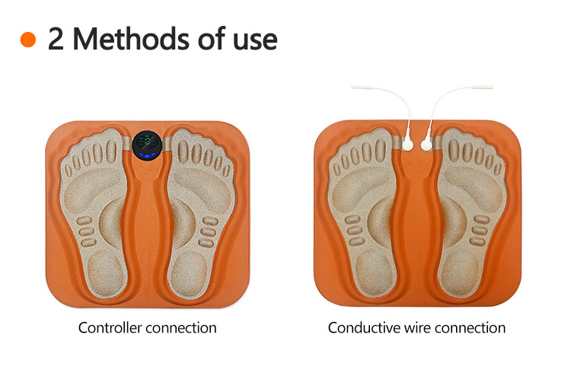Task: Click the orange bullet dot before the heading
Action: point(28,40)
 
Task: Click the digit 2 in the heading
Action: point(56,39)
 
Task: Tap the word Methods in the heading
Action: point(131,38)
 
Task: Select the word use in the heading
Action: point(255,41)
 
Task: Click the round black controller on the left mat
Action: point(147,145)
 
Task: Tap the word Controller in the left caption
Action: point(110,327)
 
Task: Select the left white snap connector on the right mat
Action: point(407,145)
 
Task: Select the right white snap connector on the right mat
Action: point(426,145)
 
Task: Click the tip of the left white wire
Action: point(352,87)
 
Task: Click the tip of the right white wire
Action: point(493,87)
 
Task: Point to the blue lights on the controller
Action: point(147,156)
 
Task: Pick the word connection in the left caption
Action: point(181,328)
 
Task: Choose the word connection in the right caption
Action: point(471,328)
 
